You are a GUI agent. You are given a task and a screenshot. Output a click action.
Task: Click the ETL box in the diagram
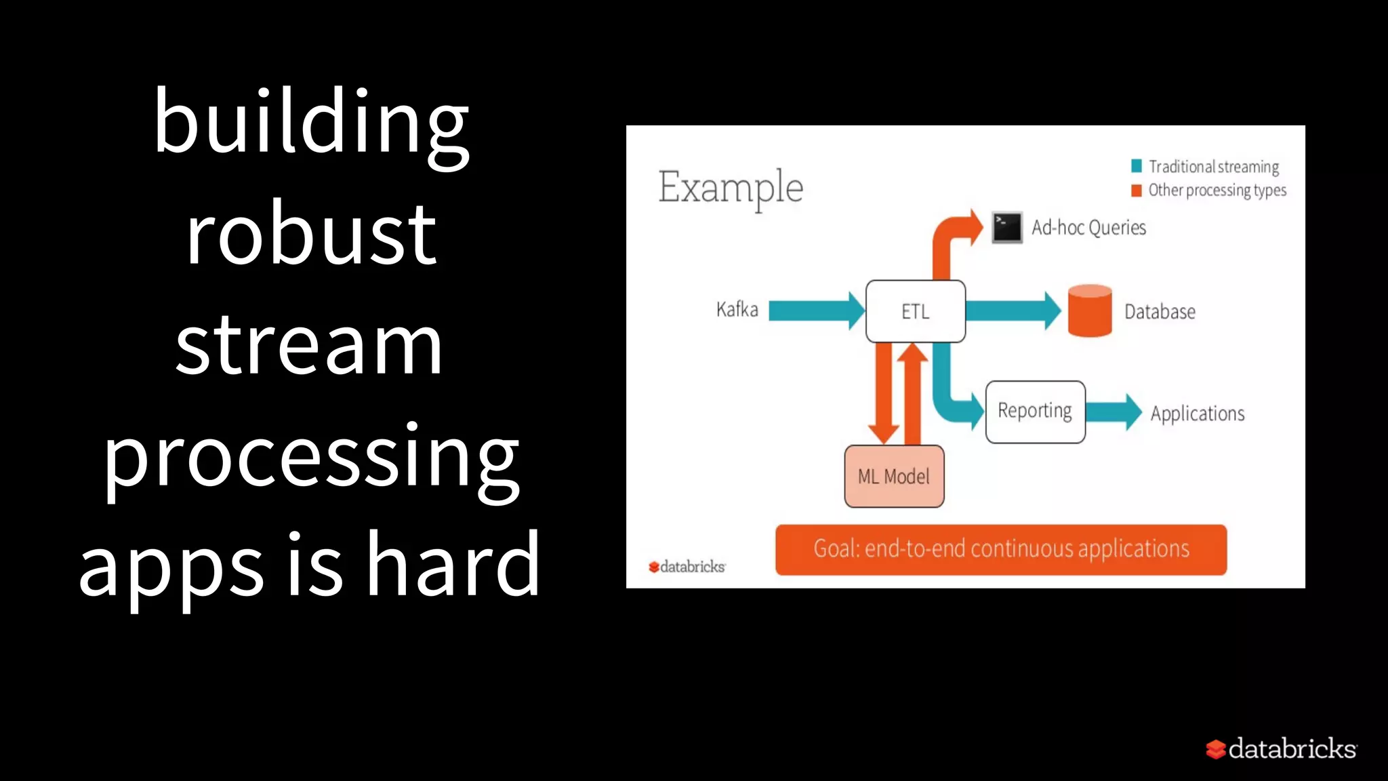915,311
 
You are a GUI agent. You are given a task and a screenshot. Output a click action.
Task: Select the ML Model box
893,477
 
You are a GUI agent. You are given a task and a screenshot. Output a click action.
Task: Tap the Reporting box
1035,412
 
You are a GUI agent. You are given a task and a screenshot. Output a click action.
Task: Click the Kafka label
737,310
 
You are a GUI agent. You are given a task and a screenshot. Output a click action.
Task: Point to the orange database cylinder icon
1089,311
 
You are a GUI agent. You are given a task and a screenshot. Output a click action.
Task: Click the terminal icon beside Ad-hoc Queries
1006,228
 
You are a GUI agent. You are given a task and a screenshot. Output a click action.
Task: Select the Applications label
1197,414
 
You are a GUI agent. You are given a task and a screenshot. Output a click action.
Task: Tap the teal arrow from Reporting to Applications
1114,412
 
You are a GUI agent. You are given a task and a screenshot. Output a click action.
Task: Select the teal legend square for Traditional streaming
1137,166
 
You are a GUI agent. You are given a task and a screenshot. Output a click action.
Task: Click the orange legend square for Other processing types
1137,191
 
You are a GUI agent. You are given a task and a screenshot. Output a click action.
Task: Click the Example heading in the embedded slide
730,188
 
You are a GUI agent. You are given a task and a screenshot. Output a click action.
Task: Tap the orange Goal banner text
1000,549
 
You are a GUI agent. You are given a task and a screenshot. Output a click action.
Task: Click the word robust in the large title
311,235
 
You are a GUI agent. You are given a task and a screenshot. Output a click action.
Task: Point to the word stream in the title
309,346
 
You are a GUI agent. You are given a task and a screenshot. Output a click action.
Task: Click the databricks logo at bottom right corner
1281,749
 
